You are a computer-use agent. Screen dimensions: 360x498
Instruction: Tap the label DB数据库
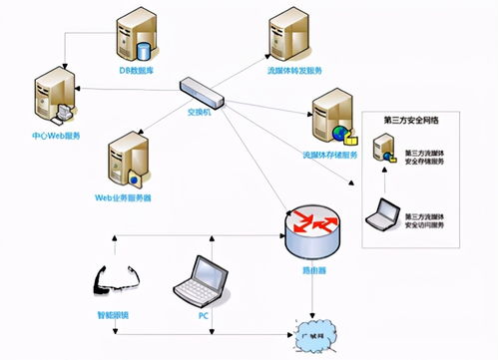pos(137,72)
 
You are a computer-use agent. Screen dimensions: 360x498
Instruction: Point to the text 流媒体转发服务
pos(294,72)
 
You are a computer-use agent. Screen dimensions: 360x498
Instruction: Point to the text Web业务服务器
pos(124,197)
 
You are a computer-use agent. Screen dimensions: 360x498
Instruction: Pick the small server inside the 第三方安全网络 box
pos(381,151)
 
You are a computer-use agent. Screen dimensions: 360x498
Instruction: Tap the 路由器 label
pos(312,269)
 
